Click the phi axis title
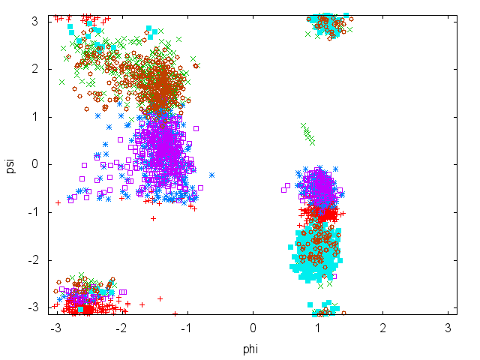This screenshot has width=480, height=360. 250,349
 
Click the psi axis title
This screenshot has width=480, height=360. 10,164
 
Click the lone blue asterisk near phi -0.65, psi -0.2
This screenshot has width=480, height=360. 211,175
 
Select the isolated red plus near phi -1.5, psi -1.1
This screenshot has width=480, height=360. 154,218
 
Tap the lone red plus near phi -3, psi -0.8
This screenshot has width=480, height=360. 58,202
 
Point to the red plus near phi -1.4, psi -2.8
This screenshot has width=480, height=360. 160,298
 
